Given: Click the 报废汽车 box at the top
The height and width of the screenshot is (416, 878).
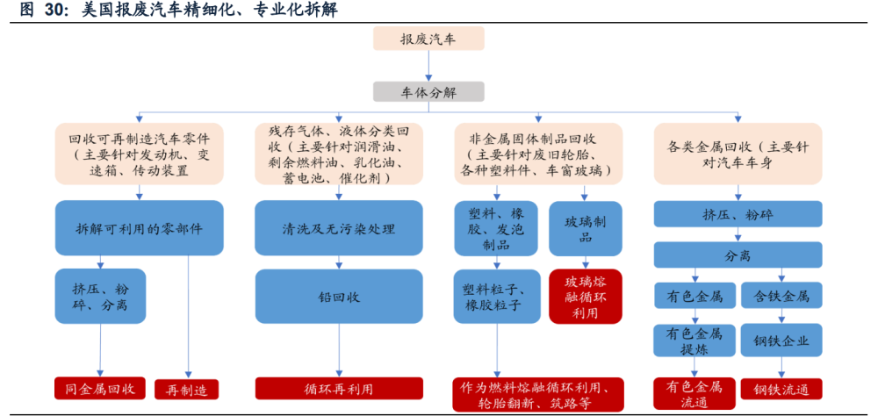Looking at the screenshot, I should point(428,39).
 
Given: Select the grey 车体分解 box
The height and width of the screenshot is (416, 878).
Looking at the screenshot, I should point(428,91).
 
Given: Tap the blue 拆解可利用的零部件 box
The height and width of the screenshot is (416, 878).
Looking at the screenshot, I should point(139,228).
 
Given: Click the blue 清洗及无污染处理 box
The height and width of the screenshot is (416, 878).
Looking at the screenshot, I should point(338,228).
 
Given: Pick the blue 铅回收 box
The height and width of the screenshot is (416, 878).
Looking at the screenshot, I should point(338,297).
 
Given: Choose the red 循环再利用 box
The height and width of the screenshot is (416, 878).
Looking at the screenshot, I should point(338,388).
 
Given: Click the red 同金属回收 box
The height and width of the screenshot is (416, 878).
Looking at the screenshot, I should point(100,388).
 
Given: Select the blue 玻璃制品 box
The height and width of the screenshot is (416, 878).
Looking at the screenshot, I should point(585,228).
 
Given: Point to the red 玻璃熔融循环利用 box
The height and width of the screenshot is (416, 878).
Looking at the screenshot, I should point(585,297).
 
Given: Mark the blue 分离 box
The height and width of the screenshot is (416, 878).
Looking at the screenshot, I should point(738,255).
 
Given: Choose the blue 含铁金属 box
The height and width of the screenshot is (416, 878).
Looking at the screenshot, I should point(781,295).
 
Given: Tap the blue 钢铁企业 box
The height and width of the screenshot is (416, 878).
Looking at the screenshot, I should point(781,340).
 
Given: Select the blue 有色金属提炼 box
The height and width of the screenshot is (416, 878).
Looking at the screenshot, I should point(694,340).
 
